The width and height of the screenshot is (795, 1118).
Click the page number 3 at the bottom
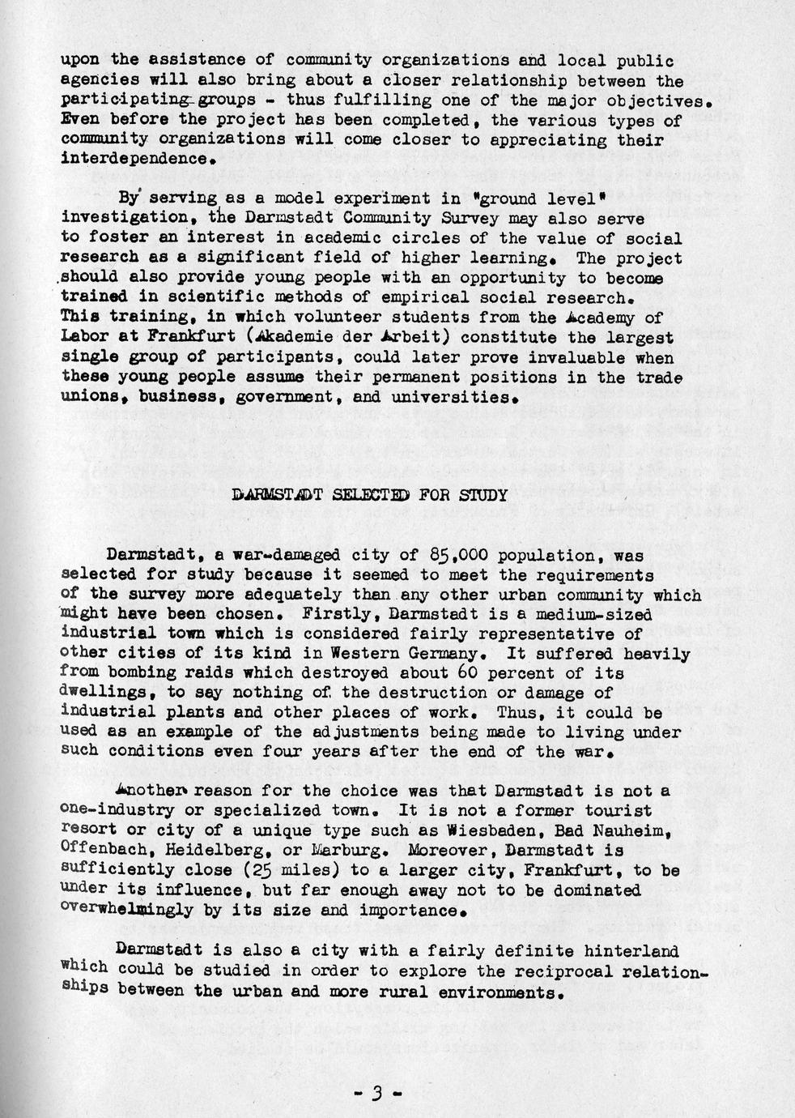click(x=376, y=1093)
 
